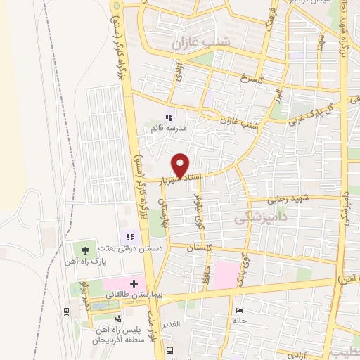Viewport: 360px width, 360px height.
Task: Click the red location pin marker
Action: point(181,165)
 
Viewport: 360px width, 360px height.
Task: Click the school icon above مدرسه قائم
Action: point(169,117)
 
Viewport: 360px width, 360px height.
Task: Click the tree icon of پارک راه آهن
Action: point(86,250)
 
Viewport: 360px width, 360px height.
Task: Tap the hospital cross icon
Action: point(134,283)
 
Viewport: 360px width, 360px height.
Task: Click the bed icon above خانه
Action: point(240,309)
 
